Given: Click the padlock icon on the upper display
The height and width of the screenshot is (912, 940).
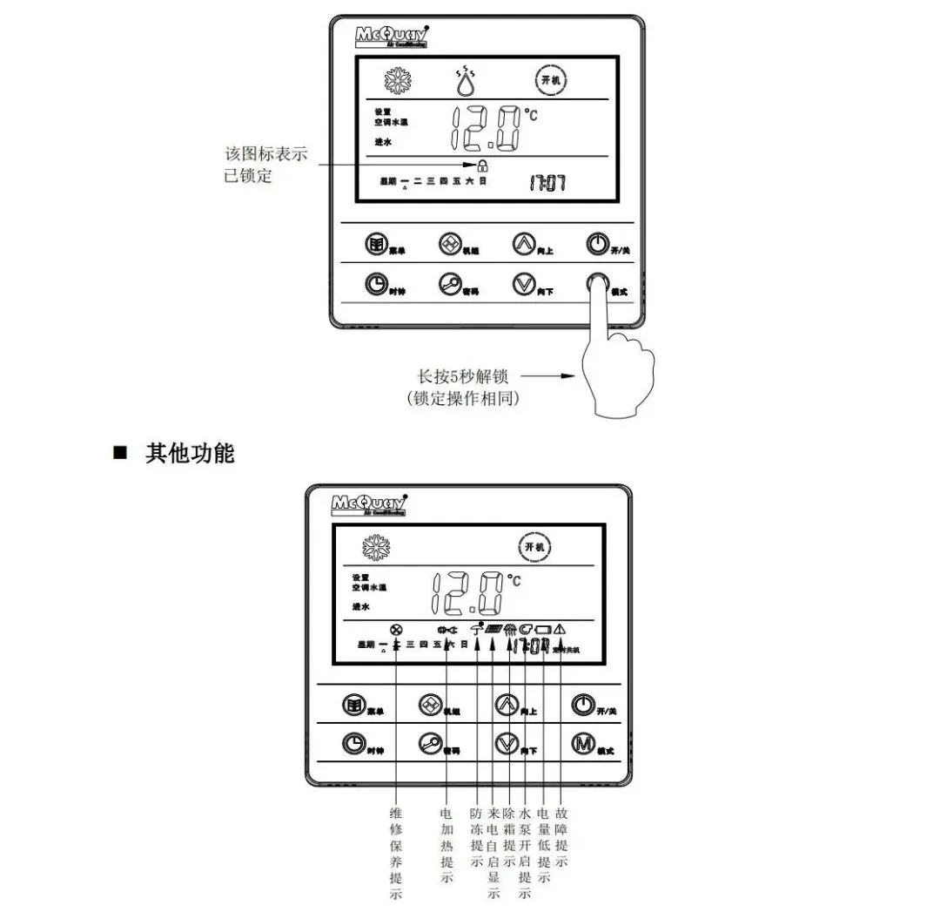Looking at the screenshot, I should point(482,165).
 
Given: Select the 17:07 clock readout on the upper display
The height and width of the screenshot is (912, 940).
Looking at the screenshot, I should point(547,183).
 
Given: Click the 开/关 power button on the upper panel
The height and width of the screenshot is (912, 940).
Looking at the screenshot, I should point(595,244).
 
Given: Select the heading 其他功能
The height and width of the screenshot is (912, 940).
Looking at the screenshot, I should point(190,454).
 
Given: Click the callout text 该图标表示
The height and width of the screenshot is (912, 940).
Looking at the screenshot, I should point(265,154).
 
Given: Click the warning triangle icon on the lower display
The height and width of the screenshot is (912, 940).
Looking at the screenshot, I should point(560,628).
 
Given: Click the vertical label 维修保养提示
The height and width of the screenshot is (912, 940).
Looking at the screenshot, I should point(397,853).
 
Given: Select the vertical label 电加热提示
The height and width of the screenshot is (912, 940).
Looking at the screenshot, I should point(446,845).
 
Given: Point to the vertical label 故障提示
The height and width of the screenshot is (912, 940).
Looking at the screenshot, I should point(561,837).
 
